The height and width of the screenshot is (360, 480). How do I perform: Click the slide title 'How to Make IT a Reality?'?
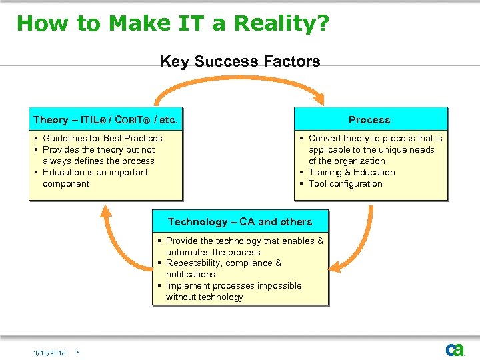pos(173,23)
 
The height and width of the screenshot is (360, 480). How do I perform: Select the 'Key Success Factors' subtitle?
pos(240,62)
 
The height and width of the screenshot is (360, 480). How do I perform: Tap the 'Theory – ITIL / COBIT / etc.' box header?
pos(105,120)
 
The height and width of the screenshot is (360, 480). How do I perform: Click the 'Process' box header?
pos(369,120)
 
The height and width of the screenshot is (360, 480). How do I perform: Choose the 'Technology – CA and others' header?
pos(240,222)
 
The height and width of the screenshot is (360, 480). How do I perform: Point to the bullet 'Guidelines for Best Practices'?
pos(102,138)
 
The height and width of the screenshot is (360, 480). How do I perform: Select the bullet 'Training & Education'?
pos(351,172)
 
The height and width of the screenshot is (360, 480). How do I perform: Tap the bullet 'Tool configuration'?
pos(345,183)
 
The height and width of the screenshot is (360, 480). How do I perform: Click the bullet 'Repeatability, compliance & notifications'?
pos(223,269)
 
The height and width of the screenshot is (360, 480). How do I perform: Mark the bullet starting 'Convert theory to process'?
pos(375,149)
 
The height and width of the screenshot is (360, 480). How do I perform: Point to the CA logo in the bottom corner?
pos(455,349)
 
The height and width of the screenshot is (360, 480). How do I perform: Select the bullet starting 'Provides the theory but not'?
pos(98,155)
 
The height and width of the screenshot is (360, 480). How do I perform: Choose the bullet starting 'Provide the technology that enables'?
pos(244,246)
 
